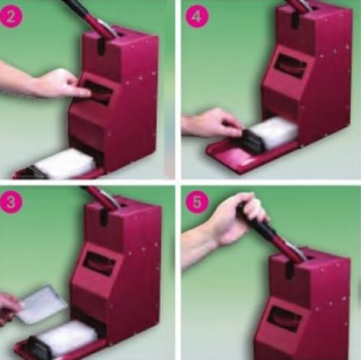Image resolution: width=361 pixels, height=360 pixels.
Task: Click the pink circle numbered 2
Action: coord(11,17)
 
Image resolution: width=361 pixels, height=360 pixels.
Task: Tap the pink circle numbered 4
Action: coord(196,16)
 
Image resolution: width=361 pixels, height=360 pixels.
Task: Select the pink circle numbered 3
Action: coord(11,202)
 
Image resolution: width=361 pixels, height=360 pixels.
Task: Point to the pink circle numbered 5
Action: coord(196,202)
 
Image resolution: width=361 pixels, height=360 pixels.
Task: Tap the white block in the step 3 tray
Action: coord(67,336)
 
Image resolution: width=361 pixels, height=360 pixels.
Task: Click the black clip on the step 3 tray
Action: coord(38,347)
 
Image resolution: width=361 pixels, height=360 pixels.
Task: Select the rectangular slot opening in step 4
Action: coord(292,65)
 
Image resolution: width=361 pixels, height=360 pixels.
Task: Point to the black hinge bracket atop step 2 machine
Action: coord(102,47)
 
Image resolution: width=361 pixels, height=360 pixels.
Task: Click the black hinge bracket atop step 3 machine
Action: coord(103,217)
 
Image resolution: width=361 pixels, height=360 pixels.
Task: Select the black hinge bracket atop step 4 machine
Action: coord(296,20)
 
